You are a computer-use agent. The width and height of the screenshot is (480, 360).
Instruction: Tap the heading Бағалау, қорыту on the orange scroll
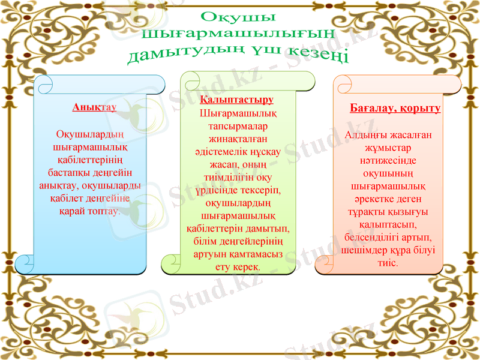[395, 109]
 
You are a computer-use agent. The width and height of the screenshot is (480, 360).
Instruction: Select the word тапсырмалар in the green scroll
[238, 126]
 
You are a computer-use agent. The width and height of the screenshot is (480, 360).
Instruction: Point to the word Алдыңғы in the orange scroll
[367, 135]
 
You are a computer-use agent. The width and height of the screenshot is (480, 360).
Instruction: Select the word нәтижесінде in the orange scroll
[389, 161]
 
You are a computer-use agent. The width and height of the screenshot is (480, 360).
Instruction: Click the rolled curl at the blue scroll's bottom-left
[25, 263]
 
